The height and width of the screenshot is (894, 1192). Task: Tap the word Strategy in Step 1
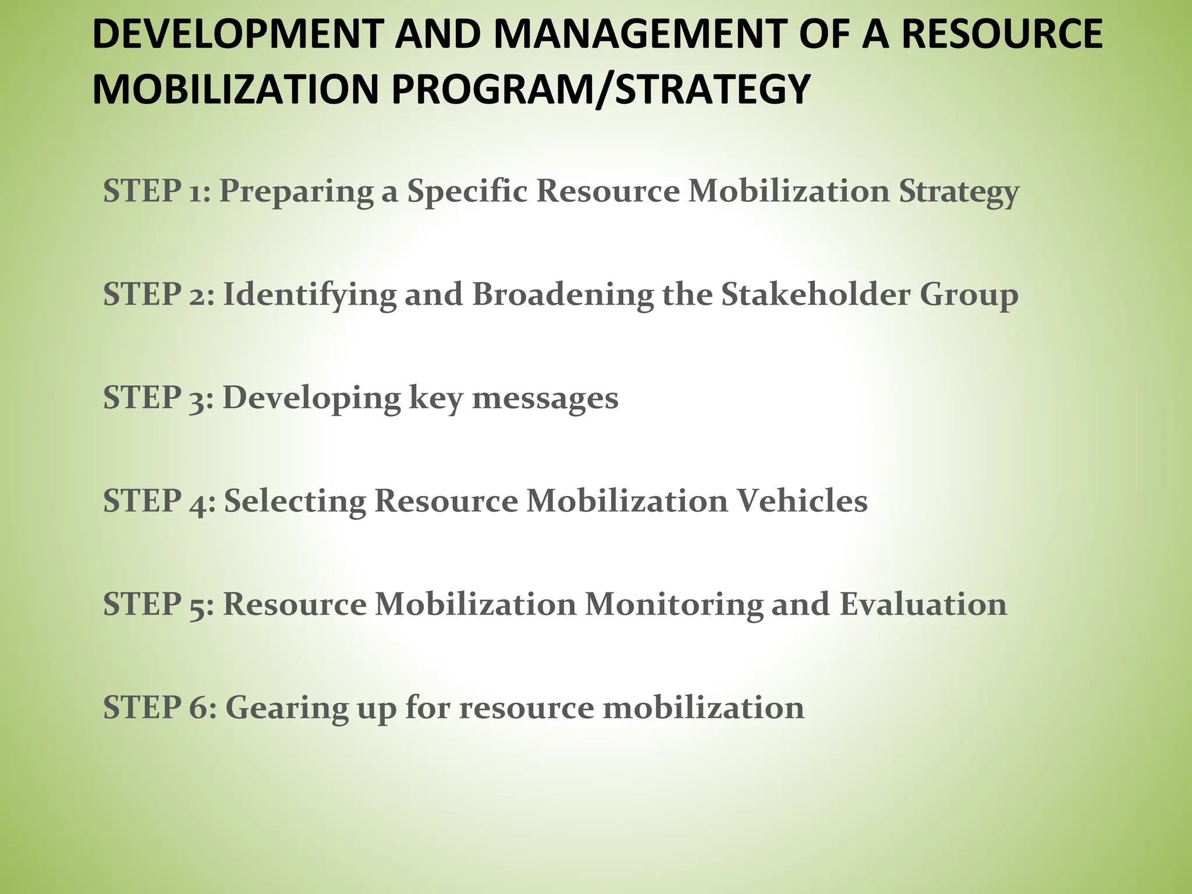[x=959, y=191]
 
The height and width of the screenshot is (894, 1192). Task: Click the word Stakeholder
[x=815, y=294]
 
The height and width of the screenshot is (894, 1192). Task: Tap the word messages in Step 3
[x=545, y=399]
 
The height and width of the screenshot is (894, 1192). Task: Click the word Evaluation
[x=923, y=604]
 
